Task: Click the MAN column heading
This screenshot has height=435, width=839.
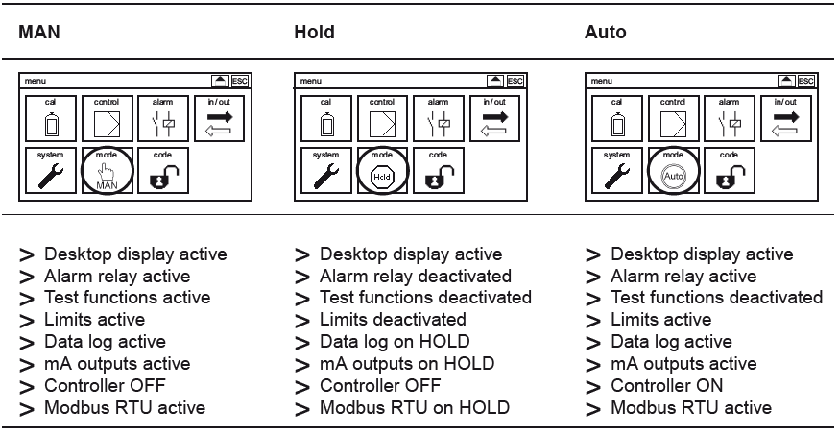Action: coord(39,33)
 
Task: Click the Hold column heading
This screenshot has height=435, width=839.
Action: coord(314,33)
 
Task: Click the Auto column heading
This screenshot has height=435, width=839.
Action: coord(605,33)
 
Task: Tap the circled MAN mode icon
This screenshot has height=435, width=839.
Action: coord(108,172)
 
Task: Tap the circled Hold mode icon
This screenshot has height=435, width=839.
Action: coord(384,172)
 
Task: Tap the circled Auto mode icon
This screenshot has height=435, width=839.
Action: coord(675,172)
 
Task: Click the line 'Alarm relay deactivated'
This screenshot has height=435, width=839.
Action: coord(415,277)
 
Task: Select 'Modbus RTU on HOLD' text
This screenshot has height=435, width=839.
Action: coord(414,408)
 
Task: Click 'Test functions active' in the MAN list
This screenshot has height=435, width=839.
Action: coord(127,298)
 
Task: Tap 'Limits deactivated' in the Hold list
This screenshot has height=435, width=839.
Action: coord(393,320)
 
